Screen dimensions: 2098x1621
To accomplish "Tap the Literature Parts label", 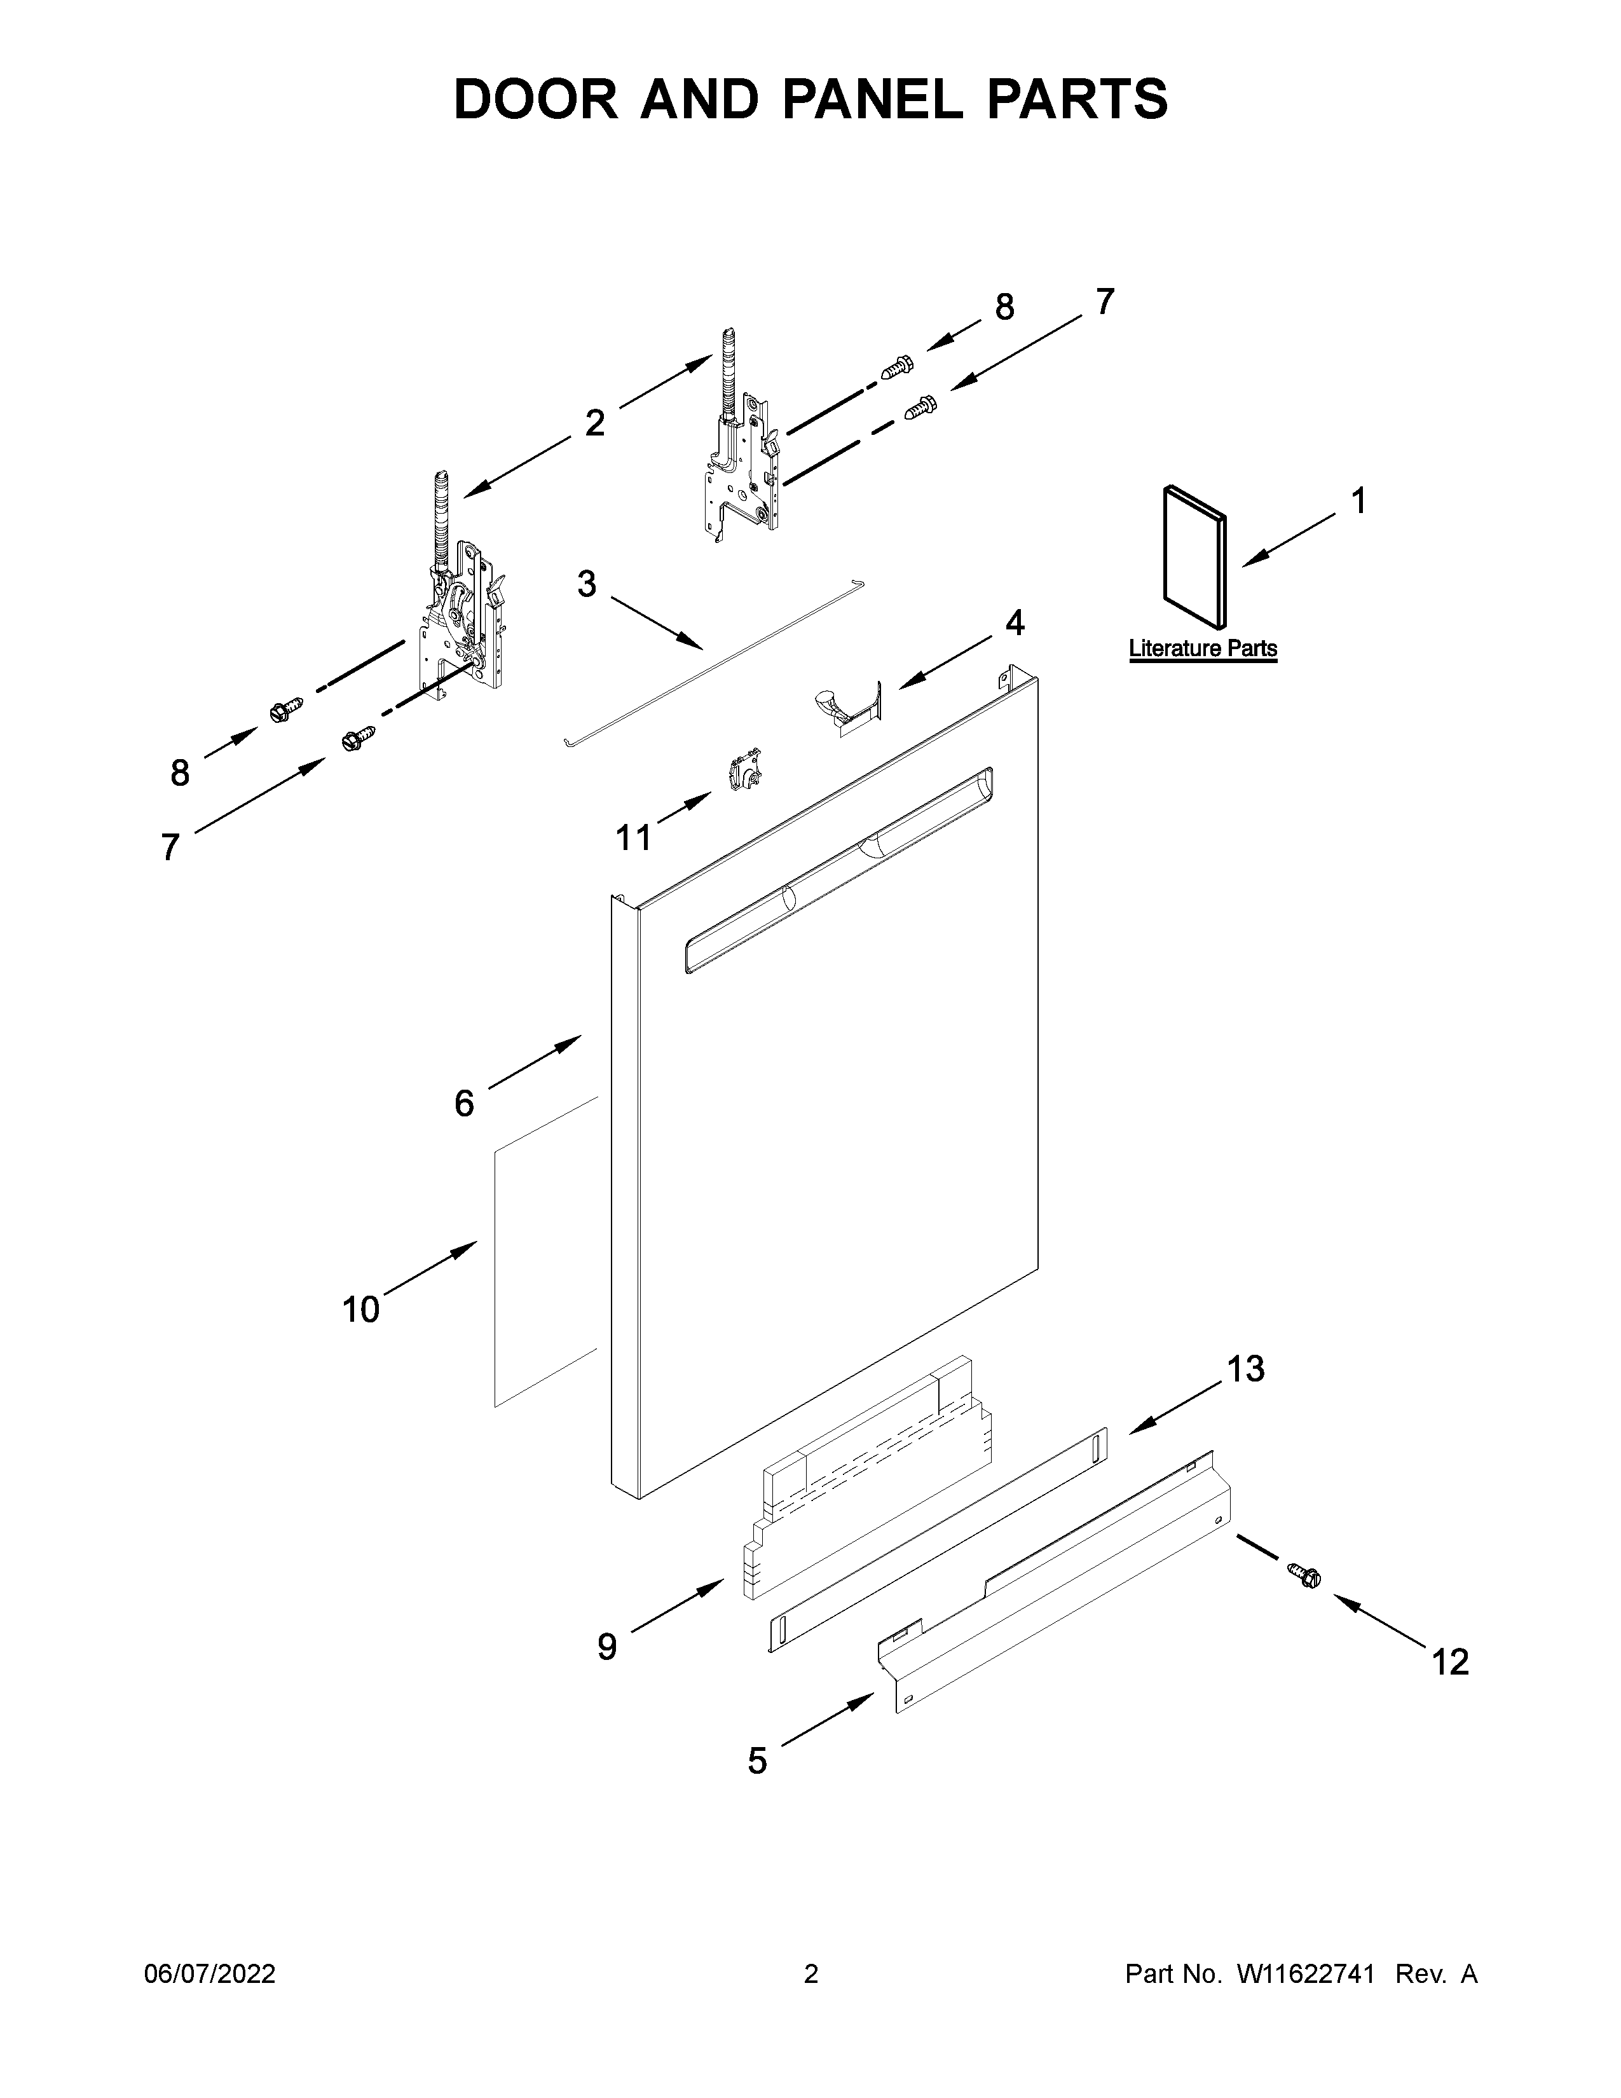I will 1202,648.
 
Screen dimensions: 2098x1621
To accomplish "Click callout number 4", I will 1014,624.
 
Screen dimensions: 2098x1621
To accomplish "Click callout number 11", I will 634,839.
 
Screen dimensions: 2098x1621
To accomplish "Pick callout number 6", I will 464,1104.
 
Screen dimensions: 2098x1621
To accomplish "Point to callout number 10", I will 361,1309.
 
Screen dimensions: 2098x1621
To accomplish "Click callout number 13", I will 1245,1369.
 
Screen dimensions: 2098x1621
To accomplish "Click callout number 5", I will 758,1762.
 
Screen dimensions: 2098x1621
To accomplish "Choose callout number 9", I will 607,1647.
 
